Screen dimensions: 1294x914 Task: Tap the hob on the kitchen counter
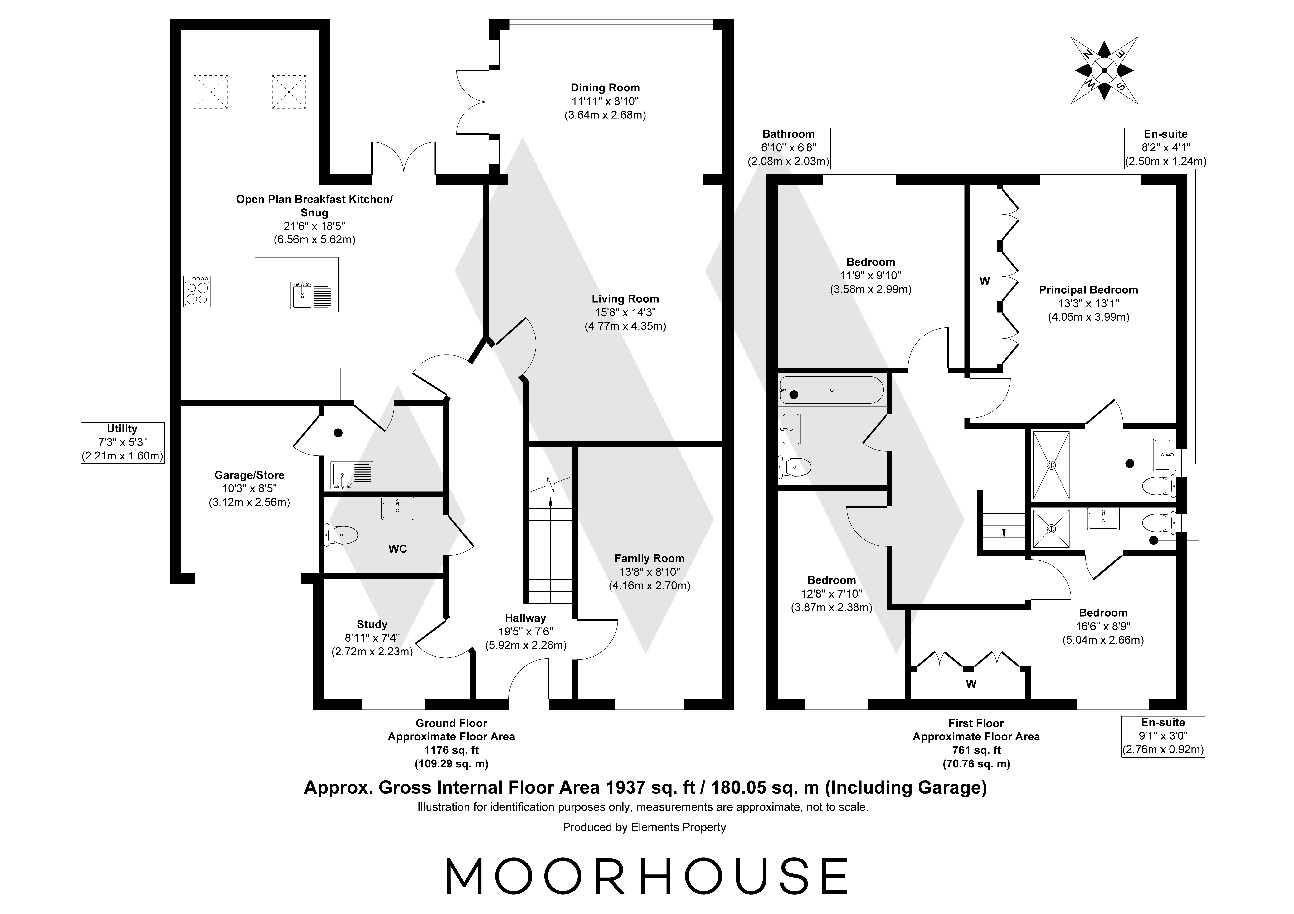coord(197,291)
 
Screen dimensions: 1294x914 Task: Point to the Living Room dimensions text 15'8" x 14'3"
coord(625,312)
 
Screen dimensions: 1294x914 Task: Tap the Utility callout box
coord(122,442)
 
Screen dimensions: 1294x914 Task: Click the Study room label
coord(372,624)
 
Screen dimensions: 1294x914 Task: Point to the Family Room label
coord(649,558)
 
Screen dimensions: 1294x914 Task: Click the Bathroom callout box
coord(788,148)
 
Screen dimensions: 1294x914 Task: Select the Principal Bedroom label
coord(1088,290)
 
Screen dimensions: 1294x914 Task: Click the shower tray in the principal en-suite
coord(1051,465)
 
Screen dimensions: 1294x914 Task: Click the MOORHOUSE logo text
coord(647,876)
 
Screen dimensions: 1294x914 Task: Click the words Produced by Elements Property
coord(644,827)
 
